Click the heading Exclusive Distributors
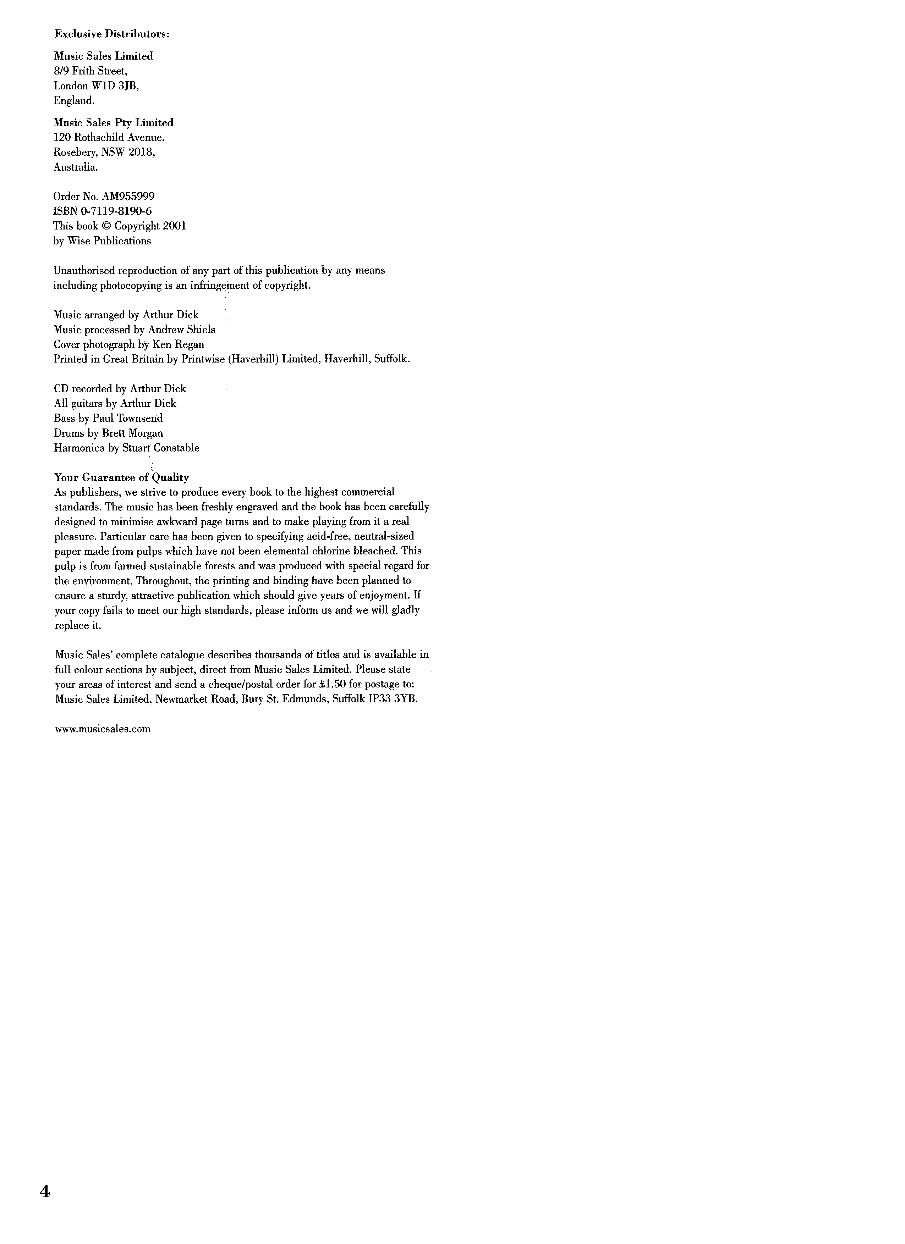point(112,34)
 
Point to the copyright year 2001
point(175,226)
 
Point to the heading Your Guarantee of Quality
point(121,477)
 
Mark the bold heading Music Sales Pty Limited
point(114,123)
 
